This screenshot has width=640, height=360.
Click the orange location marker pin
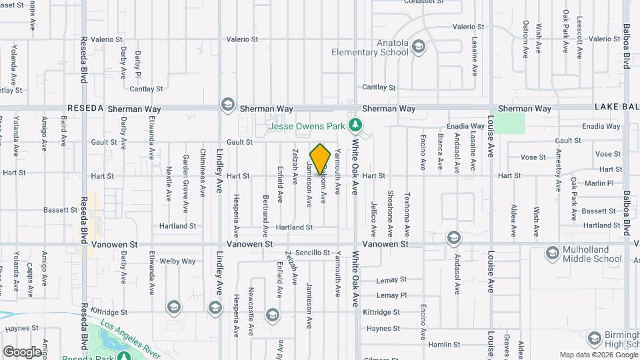pyautogui.click(x=320, y=159)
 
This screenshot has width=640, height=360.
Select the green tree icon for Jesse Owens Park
pyautogui.click(x=356, y=125)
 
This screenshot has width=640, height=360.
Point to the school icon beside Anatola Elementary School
pyautogui.click(x=418, y=46)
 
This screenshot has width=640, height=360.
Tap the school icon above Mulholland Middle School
pyautogui.click(x=552, y=253)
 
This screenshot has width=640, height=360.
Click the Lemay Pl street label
pyautogui.click(x=391, y=295)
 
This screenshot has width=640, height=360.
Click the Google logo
pyautogui.click(x=21, y=351)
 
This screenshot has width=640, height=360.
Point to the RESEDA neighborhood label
pyautogui.click(x=85, y=109)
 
